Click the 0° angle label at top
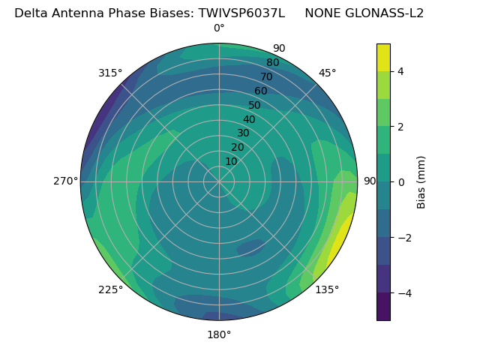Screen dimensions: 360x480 coord(219,28)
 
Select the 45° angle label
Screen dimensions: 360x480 coord(328,73)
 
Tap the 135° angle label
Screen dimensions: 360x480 coord(327,289)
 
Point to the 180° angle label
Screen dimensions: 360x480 coord(219,334)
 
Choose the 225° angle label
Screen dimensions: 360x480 coord(110,290)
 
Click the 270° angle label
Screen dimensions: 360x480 coord(65,181)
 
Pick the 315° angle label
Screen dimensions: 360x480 coord(110,73)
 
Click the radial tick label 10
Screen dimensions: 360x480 coord(231,161)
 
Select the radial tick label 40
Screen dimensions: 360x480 coord(249,119)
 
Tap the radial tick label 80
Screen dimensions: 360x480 coord(272,63)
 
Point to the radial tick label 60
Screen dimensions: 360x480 coord(260,91)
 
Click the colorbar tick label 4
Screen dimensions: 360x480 coord(400,71)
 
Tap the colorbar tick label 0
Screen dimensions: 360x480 coord(400,182)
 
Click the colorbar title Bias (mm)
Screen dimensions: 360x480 coord(421,181)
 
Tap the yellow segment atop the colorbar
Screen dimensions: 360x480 coord(383,57)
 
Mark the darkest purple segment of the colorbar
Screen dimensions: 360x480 coord(383,307)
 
